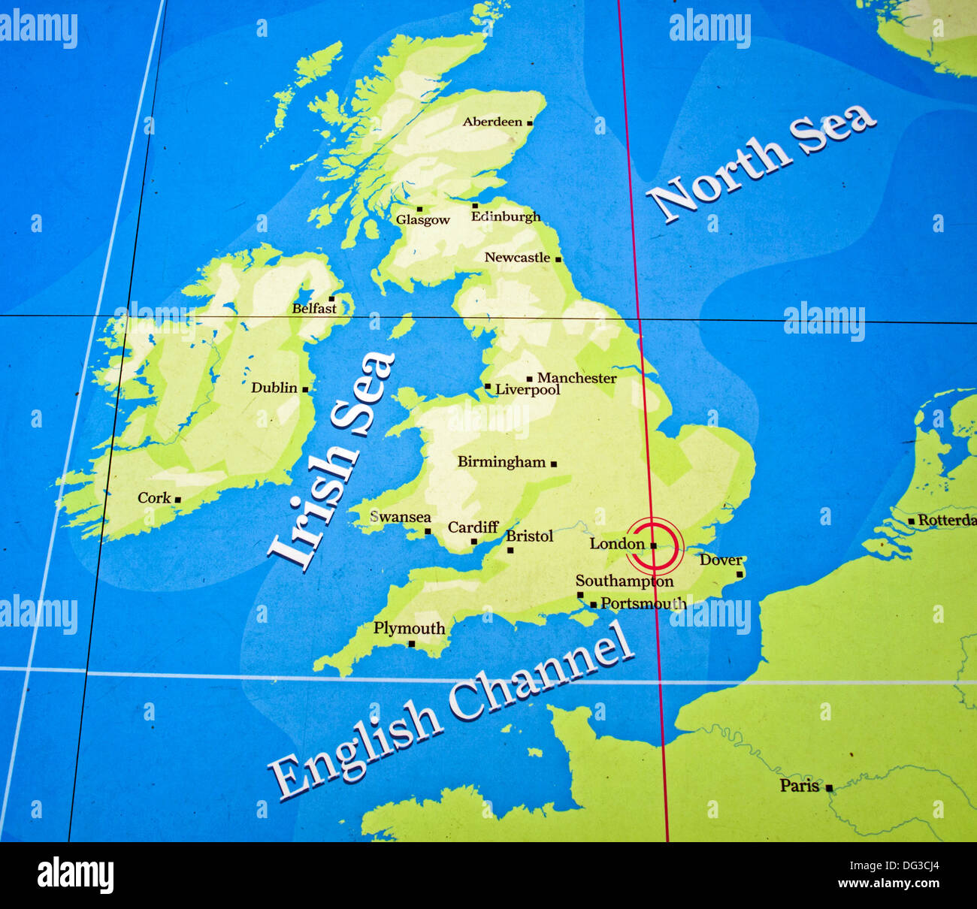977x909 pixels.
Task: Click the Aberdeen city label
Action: click(492, 122)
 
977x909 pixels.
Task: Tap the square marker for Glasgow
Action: click(419, 210)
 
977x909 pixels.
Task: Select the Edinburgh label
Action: click(505, 217)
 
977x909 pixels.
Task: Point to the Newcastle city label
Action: click(517, 258)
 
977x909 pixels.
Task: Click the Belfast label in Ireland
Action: click(314, 309)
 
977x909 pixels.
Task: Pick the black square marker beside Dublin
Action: click(305, 389)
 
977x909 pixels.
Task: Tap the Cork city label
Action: click(154, 498)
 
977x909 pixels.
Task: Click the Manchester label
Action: click(576, 378)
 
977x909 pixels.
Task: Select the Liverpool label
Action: click(528, 391)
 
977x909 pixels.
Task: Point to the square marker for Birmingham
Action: click(554, 464)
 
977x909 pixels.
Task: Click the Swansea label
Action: click(401, 517)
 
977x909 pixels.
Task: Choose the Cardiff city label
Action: click(473, 527)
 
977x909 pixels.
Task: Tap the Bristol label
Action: click(529, 536)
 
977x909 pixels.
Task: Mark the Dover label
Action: click(720, 560)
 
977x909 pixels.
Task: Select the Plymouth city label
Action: click(409, 628)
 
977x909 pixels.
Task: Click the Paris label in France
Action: click(799, 786)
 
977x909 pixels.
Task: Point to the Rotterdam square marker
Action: click(911, 521)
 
